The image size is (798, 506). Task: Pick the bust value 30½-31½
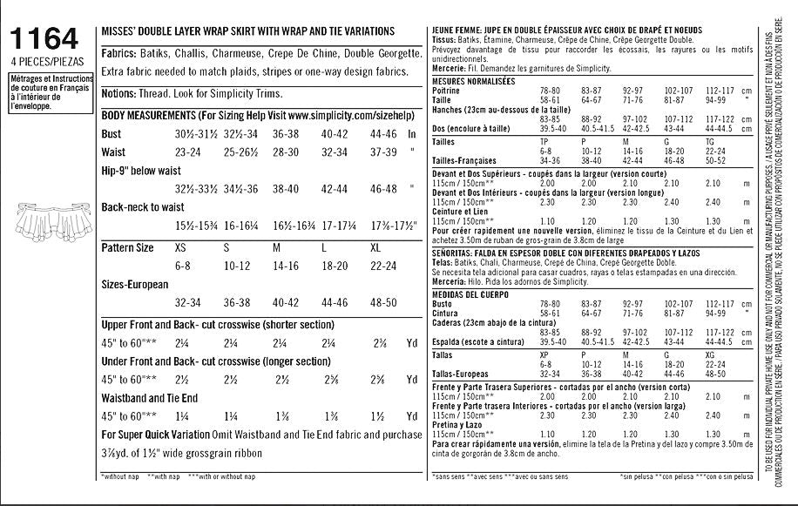click(197, 134)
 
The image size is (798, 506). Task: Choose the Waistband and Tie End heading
click(150, 398)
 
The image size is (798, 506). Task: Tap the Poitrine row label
click(447, 91)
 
